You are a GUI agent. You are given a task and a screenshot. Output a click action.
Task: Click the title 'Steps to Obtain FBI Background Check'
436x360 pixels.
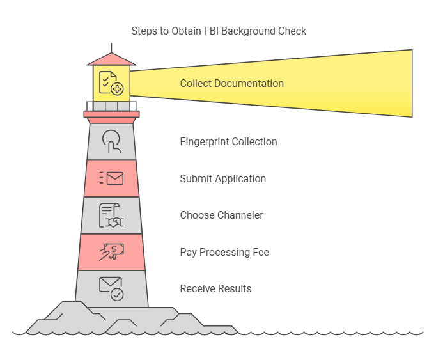click(219, 31)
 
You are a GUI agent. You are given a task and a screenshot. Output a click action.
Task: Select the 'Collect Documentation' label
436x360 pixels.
click(231, 83)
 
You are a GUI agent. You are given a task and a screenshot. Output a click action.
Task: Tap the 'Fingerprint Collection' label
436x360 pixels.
click(228, 141)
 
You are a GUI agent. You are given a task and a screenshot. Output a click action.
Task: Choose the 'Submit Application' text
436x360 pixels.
click(222, 178)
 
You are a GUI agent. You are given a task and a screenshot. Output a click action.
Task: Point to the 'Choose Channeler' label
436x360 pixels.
click(221, 215)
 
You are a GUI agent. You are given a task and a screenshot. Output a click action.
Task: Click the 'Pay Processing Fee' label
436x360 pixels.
click(224, 252)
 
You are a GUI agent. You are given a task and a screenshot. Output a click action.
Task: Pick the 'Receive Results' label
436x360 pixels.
click(215, 288)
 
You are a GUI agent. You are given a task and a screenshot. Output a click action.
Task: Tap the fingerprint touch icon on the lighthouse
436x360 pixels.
click(111, 141)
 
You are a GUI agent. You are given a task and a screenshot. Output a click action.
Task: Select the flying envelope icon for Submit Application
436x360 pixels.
click(111, 178)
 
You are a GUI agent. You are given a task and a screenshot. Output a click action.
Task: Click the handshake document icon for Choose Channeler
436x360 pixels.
click(111, 215)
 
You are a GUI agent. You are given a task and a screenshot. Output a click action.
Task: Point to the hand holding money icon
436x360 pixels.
click(111, 252)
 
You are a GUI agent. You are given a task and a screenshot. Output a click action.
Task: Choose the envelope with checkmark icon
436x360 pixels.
click(111, 288)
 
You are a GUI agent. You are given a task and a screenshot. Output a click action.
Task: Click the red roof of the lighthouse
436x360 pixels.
click(111, 59)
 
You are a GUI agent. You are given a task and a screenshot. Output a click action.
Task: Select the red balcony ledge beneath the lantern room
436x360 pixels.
click(111, 114)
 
